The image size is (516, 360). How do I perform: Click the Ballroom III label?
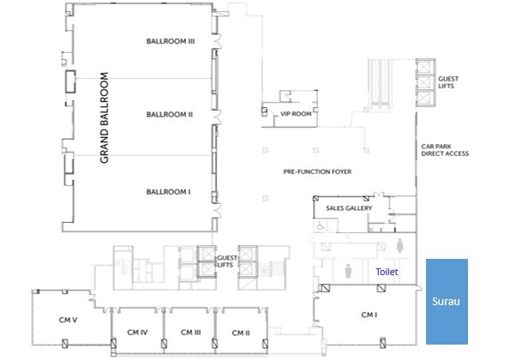click(171, 41)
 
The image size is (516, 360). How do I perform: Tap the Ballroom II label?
click(170, 115)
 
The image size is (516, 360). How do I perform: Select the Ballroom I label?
click(169, 192)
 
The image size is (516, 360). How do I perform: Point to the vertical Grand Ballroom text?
click(104, 117)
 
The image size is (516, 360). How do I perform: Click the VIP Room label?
click(296, 114)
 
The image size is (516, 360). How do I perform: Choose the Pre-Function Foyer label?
click(317, 171)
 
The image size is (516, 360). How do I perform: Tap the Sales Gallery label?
click(349, 208)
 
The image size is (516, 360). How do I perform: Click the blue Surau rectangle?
click(447, 302)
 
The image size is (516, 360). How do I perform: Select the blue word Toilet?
click(387, 272)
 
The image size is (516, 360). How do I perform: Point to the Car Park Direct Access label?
click(445, 150)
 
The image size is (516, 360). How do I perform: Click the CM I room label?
click(369, 315)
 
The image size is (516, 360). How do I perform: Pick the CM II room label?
click(241, 333)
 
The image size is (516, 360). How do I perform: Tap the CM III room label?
click(191, 333)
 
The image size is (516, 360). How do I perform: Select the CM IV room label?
click(137, 333)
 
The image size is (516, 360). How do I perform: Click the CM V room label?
click(68, 320)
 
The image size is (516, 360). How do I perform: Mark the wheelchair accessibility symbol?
click(321, 226)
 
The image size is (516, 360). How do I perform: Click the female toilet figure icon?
click(399, 245)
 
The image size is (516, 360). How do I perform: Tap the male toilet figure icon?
click(348, 271)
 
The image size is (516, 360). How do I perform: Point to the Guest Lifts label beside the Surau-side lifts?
click(448, 82)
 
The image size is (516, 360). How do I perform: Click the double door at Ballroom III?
click(218, 41)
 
